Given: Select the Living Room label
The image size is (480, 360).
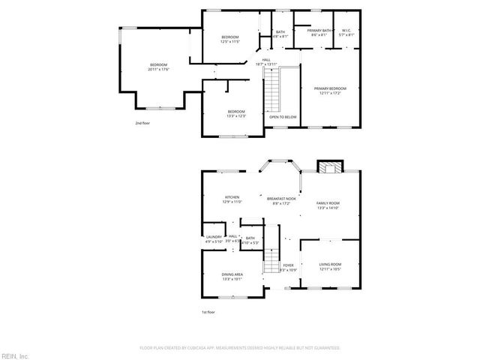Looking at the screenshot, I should (x=330, y=266).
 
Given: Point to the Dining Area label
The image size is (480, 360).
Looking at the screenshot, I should (x=232, y=277).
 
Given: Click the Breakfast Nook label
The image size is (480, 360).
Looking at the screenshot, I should (x=281, y=201).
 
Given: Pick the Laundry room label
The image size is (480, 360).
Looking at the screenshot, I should (x=214, y=239).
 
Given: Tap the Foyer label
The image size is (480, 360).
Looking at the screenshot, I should (x=289, y=267).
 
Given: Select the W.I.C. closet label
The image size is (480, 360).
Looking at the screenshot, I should (x=346, y=32).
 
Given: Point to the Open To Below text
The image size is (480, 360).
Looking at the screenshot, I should (x=283, y=117).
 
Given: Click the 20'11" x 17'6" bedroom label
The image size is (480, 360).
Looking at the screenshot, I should (x=158, y=67).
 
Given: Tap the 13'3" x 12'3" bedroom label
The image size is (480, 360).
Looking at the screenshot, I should (x=236, y=114).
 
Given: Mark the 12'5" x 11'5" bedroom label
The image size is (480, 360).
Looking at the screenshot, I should (x=229, y=39).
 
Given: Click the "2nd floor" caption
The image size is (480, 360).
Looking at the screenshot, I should (x=142, y=122).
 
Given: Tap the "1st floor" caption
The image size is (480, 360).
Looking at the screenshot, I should (x=208, y=311).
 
